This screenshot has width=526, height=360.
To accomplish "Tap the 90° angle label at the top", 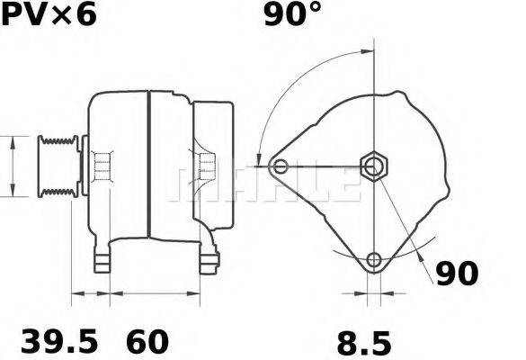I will pyautogui.click(x=292, y=15).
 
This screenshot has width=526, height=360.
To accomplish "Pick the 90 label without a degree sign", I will pyautogui.click(x=458, y=274).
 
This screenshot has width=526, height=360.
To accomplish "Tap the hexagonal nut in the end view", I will pyautogui.click(x=372, y=166).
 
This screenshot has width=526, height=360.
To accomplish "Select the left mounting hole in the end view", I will pyautogui.click(x=281, y=166).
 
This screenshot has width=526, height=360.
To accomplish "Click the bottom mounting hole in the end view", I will pyautogui.click(x=373, y=261).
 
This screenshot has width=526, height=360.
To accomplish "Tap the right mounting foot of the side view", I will pyautogui.click(x=210, y=261).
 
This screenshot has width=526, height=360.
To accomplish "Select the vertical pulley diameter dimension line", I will pyautogui.click(x=12, y=166).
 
